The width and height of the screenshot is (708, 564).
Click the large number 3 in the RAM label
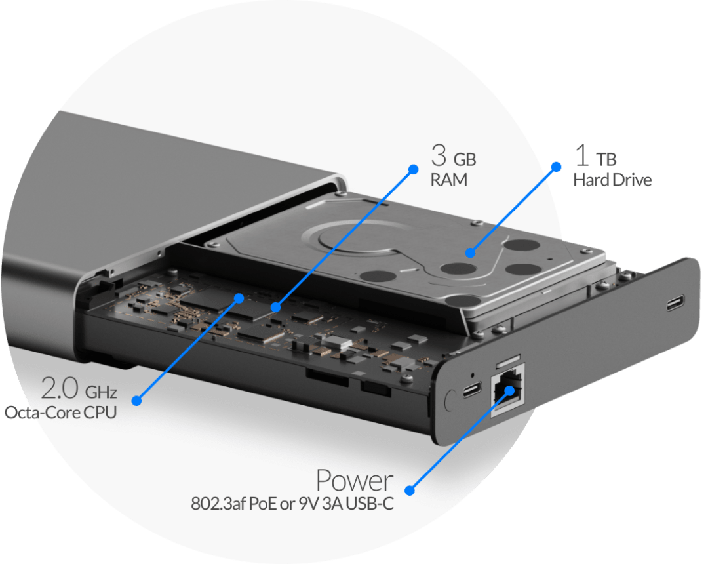pyautogui.click(x=439, y=156)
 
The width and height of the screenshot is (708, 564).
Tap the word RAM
pyautogui.click(x=449, y=180)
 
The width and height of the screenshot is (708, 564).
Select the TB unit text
pyautogui.click(x=606, y=159)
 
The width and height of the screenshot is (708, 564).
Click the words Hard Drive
pyautogui.click(x=612, y=180)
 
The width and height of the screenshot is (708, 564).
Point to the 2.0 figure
pyautogui.click(x=60, y=388)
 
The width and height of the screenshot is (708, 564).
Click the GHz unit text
pyautogui.click(x=101, y=392)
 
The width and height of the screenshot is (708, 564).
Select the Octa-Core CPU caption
pyautogui.click(x=60, y=413)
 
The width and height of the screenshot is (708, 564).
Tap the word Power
pyautogui.click(x=355, y=481)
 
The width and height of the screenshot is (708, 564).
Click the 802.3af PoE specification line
pyautogui.click(x=292, y=504)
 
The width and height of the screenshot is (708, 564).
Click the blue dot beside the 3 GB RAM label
pyautogui.click(x=413, y=169)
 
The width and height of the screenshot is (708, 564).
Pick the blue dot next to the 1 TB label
pyautogui.click(x=557, y=167)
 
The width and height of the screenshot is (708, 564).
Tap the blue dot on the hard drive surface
pyautogui.click(x=471, y=253)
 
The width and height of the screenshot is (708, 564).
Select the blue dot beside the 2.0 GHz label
pyautogui.click(x=137, y=401)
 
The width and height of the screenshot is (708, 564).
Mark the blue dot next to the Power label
pyautogui.click(x=410, y=491)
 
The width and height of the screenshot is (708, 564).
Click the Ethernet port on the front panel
pyautogui.click(x=508, y=390)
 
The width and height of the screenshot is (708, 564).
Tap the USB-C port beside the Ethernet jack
pyautogui.click(x=472, y=390)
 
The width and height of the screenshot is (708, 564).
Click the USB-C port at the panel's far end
pyautogui.click(x=675, y=303)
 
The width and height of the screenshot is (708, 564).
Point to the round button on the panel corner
pyautogui.click(x=450, y=400)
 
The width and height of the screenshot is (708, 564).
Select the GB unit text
pyautogui.click(x=465, y=159)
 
